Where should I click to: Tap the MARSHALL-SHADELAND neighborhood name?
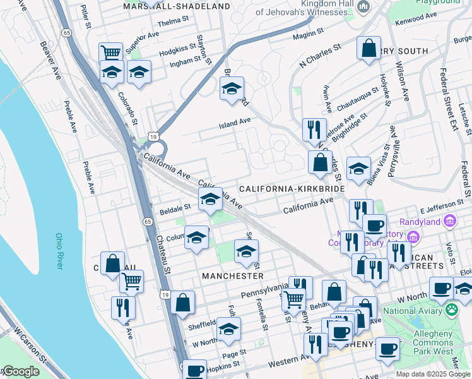click(x=177, y=6)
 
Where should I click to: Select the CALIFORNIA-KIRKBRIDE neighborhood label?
click(x=292, y=189)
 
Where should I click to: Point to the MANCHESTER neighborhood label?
click(x=233, y=276)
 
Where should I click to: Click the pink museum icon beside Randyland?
click(x=449, y=221)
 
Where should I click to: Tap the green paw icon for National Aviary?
click(x=452, y=310)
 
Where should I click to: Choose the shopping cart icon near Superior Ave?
click(x=111, y=52)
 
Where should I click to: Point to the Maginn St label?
click(x=308, y=32)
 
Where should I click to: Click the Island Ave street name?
click(x=235, y=121)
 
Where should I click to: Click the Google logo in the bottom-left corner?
click(x=20, y=371)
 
